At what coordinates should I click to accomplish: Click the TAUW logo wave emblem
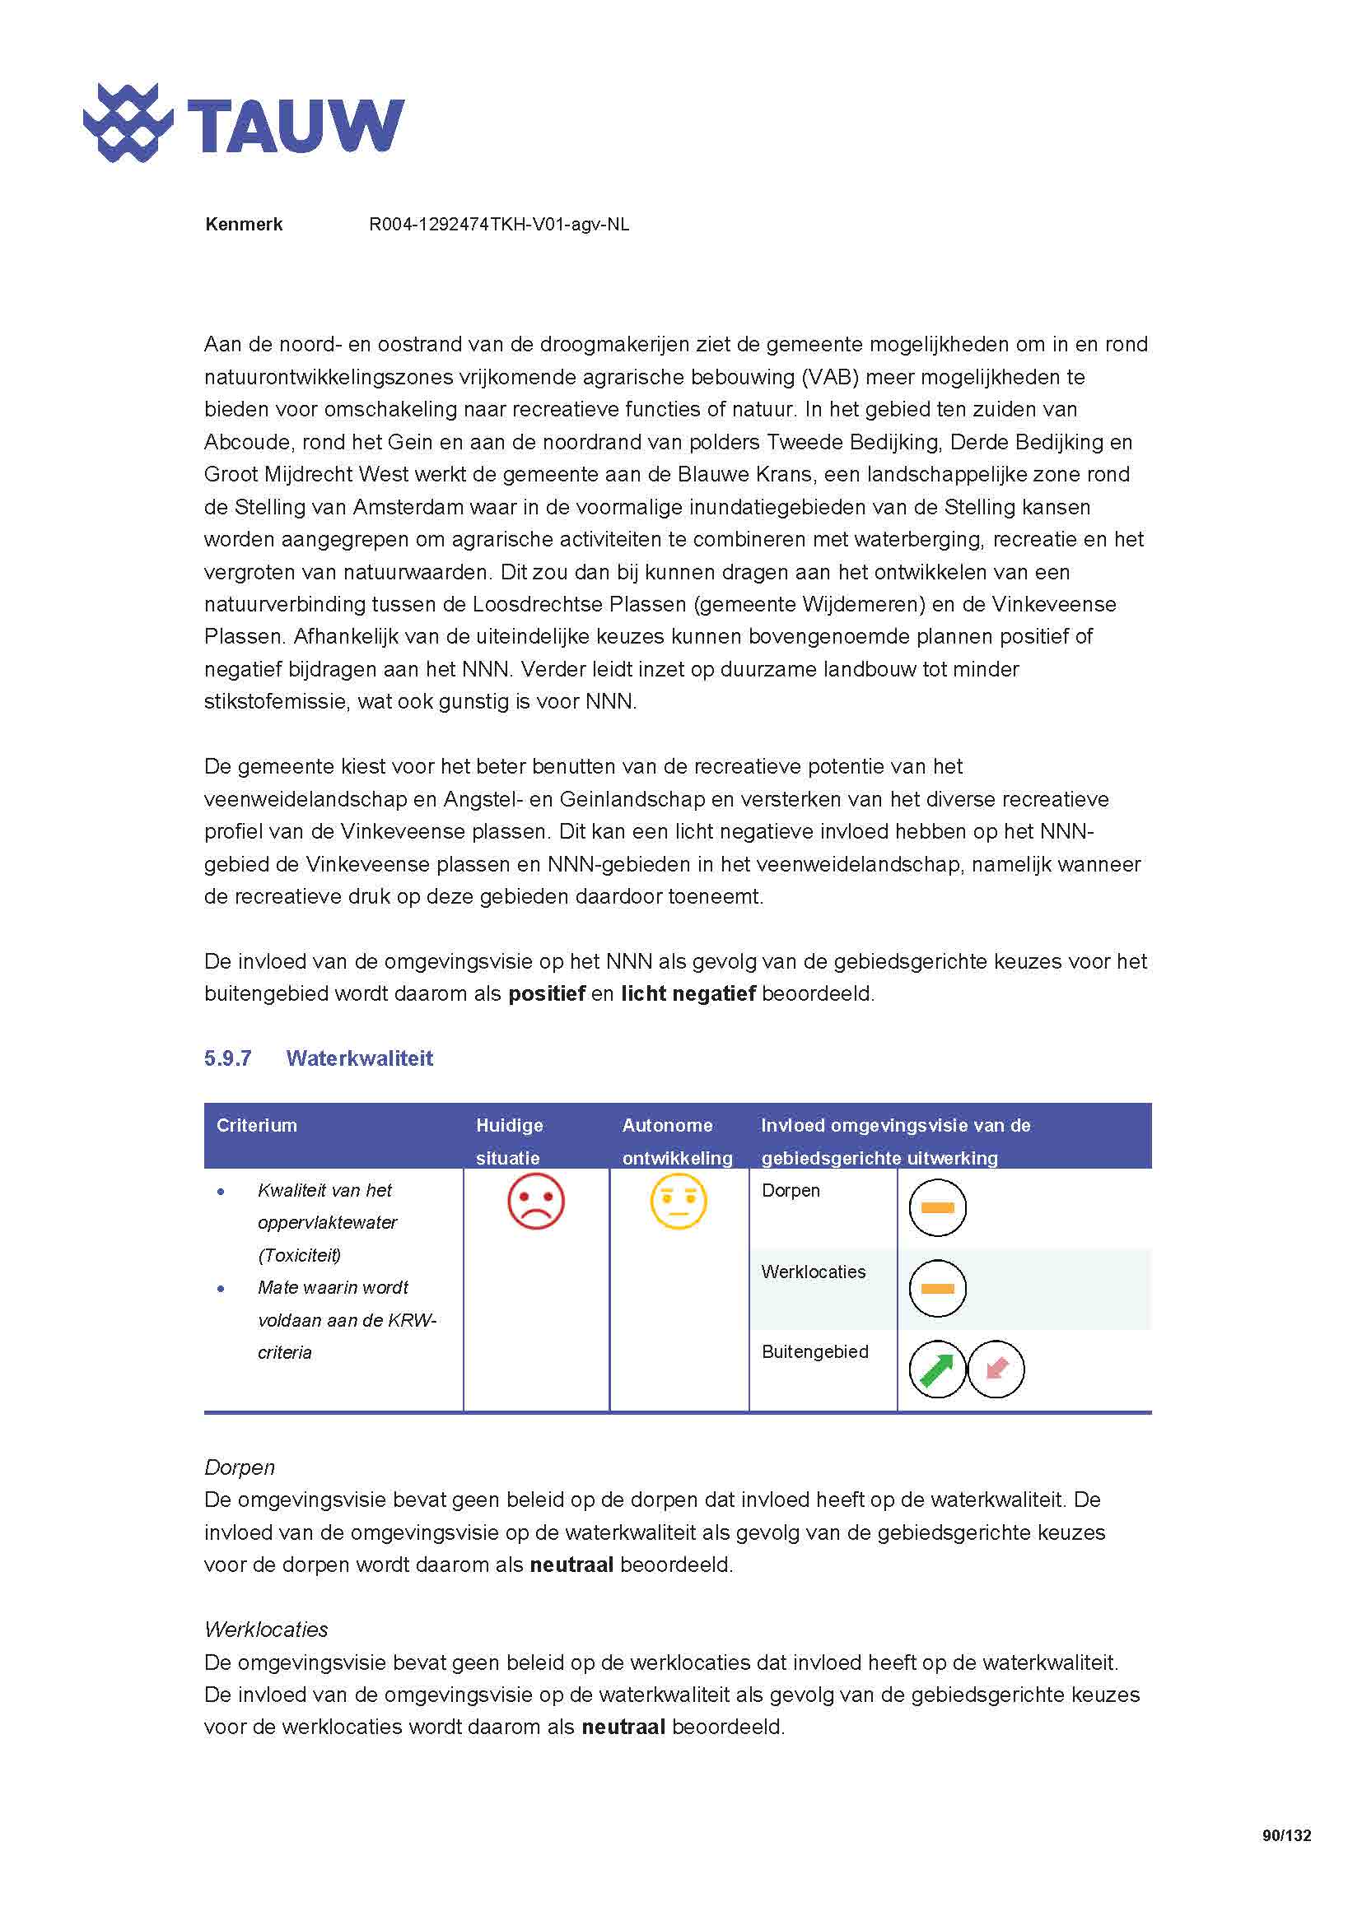pyautogui.click(x=128, y=123)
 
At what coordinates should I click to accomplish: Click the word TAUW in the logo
pyautogui.click(x=296, y=127)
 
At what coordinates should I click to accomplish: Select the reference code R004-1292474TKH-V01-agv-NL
pyautogui.click(x=499, y=225)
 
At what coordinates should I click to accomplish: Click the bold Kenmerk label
pyautogui.click(x=243, y=225)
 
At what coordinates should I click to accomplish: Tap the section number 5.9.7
pyautogui.click(x=227, y=1058)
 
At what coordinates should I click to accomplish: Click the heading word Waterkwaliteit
pyautogui.click(x=359, y=1058)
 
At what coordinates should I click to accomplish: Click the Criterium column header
pyautogui.click(x=257, y=1125)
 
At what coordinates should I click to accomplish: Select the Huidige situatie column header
pyautogui.click(x=509, y=1140)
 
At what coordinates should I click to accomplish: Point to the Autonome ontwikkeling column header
pyautogui.click(x=677, y=1140)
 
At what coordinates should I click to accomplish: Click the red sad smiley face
pyautogui.click(x=536, y=1202)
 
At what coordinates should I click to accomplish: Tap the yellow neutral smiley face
pyautogui.click(x=679, y=1202)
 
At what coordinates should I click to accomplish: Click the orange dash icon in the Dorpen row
pyautogui.click(x=938, y=1208)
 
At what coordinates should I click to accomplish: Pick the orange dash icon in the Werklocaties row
pyautogui.click(x=938, y=1289)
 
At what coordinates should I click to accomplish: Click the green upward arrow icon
pyautogui.click(x=937, y=1369)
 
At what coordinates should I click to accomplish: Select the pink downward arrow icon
pyautogui.click(x=996, y=1369)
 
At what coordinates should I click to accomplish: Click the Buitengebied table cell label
pyautogui.click(x=814, y=1351)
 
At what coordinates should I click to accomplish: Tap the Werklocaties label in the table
pyautogui.click(x=813, y=1272)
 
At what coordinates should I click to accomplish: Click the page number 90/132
pyautogui.click(x=1285, y=1835)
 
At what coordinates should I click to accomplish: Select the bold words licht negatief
pyautogui.click(x=688, y=994)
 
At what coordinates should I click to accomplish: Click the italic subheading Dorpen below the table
pyautogui.click(x=239, y=1467)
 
